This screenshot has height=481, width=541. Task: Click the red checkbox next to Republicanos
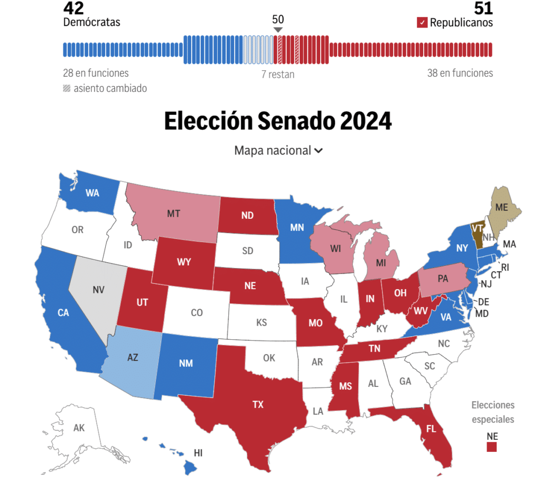tap(422, 23)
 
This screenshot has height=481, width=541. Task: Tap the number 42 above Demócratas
tap(73, 8)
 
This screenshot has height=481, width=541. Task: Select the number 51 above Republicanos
tap(483, 8)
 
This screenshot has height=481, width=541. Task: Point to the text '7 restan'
tap(278, 75)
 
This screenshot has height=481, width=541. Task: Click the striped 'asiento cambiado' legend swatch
tap(67, 88)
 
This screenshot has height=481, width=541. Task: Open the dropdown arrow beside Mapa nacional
tap(318, 151)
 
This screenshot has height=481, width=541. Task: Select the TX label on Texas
tap(258, 404)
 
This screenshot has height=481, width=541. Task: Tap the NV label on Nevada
tap(99, 290)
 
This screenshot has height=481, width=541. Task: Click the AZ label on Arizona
tap(133, 357)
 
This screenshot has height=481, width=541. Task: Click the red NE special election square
tap(492, 447)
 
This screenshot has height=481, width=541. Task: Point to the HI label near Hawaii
tap(198, 452)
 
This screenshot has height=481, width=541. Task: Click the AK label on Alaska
tap(79, 428)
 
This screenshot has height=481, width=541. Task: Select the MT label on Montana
tap(173, 214)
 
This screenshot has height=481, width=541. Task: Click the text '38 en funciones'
tap(460, 73)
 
